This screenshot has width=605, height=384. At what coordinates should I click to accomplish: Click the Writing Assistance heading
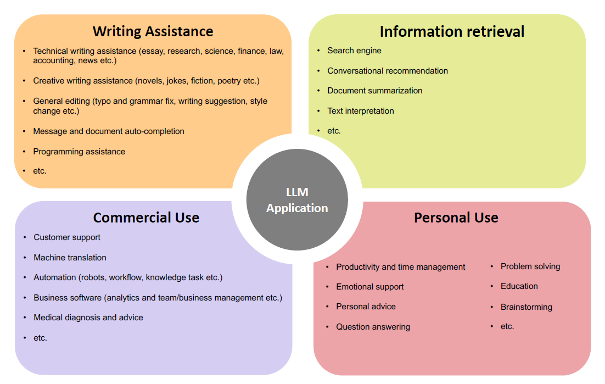point(153,31)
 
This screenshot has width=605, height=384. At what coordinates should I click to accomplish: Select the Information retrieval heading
point(452,32)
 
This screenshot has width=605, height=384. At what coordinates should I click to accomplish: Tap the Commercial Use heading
point(146,218)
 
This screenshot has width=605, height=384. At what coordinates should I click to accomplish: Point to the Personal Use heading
point(456,218)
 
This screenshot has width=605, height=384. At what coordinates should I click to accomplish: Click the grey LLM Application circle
point(297,200)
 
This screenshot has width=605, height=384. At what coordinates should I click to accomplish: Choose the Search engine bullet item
point(354,51)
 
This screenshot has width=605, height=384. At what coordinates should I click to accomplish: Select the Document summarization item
point(375,91)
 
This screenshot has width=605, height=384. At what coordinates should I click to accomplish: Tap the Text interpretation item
point(361,111)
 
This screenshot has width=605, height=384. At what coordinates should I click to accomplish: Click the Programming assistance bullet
point(79,152)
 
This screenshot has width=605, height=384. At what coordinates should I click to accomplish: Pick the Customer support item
point(67,237)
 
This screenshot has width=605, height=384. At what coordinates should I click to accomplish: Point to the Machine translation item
point(70,258)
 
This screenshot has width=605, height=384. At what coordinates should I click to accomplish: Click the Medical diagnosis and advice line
point(88,318)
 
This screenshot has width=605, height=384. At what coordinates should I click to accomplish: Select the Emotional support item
point(370,287)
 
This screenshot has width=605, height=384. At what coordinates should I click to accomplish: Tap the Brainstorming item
point(526,307)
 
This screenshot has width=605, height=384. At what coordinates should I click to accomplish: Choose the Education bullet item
point(519,286)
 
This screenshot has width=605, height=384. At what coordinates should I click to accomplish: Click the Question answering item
point(373,327)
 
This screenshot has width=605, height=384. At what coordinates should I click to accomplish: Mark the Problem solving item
point(530,266)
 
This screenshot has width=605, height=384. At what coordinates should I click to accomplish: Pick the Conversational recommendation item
point(388,71)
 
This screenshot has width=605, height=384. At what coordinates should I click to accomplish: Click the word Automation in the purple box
point(55,277)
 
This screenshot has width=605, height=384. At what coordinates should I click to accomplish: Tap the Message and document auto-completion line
point(109,131)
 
